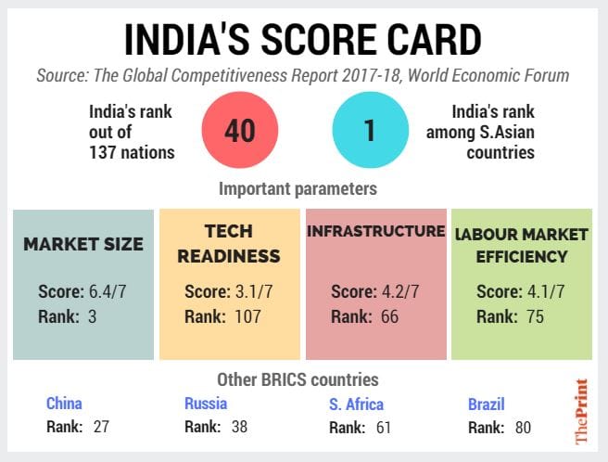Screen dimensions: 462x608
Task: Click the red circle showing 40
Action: point(239,131)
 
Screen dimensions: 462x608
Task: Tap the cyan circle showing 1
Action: point(368,131)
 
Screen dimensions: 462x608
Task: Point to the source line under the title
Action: point(303,74)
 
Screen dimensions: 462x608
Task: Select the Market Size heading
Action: point(83,245)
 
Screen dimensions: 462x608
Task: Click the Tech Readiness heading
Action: point(229,243)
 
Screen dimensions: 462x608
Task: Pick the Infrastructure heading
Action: point(375,232)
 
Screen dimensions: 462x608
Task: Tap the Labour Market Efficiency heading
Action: point(520,243)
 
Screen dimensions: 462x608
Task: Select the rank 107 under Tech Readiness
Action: point(248,316)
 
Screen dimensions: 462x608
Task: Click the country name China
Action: point(64,404)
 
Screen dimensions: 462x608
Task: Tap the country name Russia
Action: point(206,404)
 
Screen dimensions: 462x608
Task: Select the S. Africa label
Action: point(356,404)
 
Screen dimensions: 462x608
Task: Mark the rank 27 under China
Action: point(101,428)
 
